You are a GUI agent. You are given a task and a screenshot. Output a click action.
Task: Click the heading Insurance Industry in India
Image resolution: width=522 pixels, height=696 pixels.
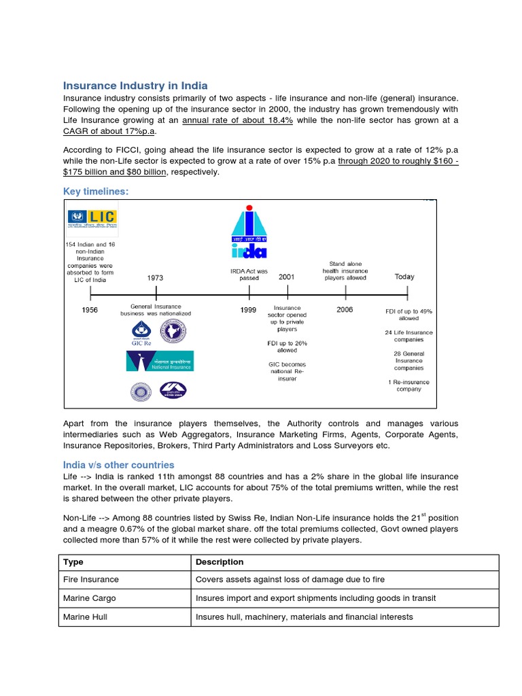point(135,86)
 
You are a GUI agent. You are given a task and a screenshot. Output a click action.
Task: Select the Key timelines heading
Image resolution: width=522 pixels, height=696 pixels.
point(96,192)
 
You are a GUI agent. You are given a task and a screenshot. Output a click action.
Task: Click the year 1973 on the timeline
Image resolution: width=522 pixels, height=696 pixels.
point(155,278)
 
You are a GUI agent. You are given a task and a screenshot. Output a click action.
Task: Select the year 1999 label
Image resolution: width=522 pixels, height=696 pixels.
point(248,311)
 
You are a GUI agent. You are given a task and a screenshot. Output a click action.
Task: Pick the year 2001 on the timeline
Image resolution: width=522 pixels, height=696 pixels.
point(286,277)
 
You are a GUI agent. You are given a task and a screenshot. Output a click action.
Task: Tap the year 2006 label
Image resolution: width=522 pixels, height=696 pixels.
point(345,309)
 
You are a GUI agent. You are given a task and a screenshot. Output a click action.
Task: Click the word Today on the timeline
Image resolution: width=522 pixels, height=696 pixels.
point(404,277)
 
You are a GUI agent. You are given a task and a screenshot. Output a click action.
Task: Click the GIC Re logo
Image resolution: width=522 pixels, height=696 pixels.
point(141,332)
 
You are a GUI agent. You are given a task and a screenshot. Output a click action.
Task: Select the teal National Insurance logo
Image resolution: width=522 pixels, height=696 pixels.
point(160,361)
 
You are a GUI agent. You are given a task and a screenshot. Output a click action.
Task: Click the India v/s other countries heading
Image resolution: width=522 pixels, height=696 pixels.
point(118,465)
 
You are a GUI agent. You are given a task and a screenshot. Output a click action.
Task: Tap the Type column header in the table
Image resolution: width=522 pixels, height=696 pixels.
point(73,562)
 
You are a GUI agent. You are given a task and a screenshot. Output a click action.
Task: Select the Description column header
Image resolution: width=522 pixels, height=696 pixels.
point(220,562)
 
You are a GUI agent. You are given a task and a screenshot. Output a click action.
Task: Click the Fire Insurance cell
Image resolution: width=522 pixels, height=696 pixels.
point(91,580)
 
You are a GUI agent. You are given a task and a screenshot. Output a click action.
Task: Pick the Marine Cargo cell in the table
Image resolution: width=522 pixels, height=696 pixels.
point(90,598)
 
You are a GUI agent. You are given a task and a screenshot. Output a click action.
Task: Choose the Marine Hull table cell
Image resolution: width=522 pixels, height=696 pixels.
point(85,616)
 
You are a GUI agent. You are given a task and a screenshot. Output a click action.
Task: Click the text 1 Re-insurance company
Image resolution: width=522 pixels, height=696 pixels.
point(408,385)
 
